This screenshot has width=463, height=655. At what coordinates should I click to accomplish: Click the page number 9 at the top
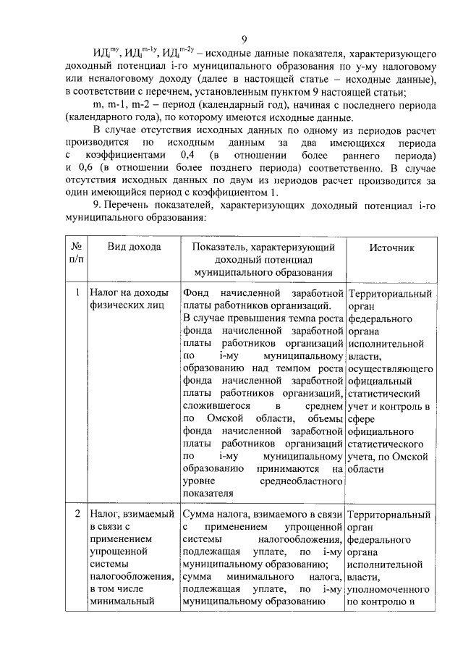[x=245, y=40]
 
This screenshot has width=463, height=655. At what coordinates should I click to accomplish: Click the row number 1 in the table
[x=77, y=295]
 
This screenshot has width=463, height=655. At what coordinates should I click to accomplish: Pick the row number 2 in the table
[x=77, y=515]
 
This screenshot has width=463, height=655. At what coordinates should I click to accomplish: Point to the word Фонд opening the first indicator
[x=197, y=294]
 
